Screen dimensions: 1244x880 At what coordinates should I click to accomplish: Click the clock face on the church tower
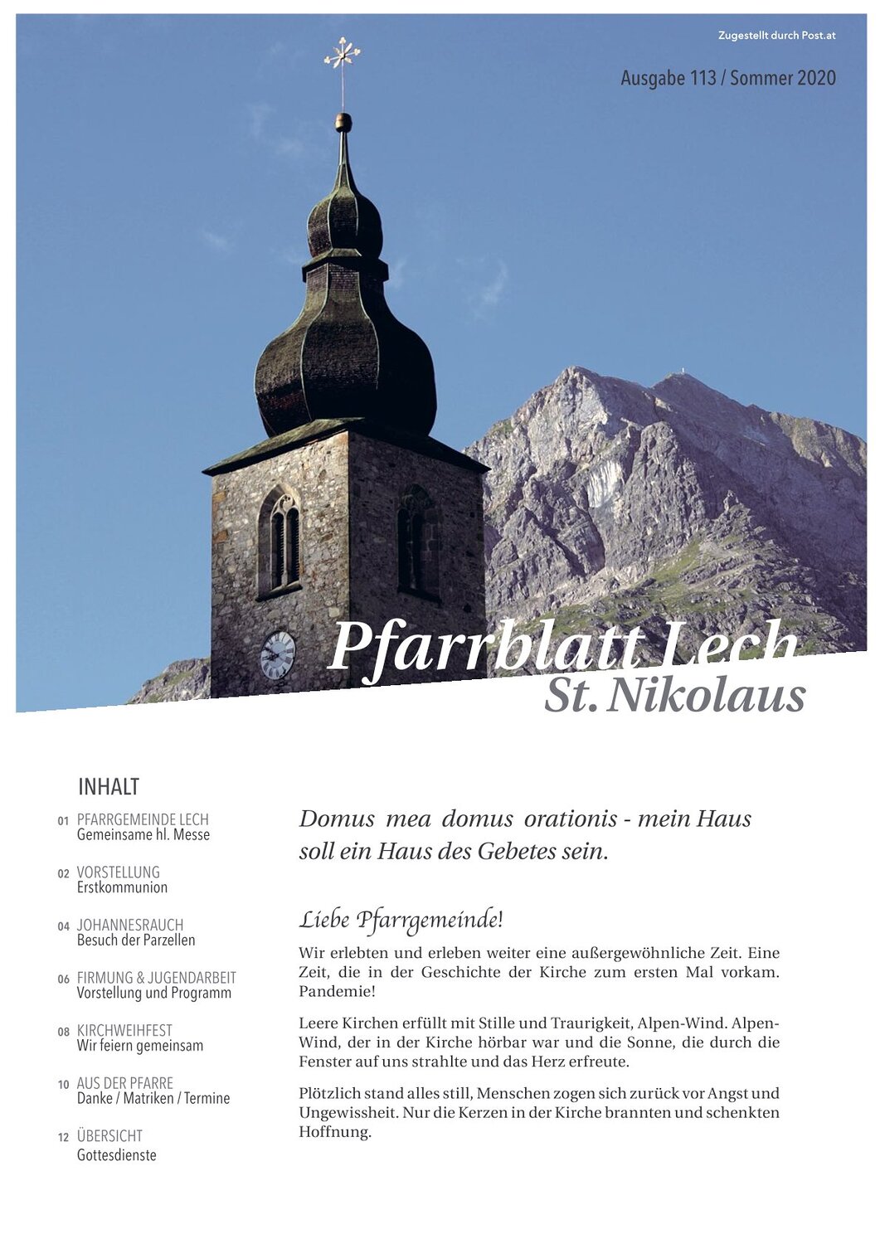tap(278, 655)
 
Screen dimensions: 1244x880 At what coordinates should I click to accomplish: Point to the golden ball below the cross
tap(343, 123)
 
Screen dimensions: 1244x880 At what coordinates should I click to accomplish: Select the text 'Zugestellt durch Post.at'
tap(776, 36)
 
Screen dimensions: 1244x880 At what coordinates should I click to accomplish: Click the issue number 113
tap(702, 79)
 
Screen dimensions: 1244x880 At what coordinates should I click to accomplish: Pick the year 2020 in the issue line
tap(816, 79)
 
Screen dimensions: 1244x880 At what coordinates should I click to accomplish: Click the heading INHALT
tap(109, 786)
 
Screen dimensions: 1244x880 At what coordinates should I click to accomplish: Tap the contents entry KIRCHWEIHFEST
tap(124, 1031)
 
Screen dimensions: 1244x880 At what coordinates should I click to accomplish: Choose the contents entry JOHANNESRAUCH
tap(130, 925)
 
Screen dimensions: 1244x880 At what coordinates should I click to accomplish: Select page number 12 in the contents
tap(64, 1138)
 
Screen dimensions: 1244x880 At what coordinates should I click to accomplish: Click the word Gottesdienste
tap(116, 1155)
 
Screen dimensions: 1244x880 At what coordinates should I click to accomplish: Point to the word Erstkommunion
tap(122, 887)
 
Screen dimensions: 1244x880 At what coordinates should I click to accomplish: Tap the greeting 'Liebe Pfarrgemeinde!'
tap(401, 920)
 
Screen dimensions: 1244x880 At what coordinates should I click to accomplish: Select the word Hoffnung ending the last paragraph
tap(334, 1132)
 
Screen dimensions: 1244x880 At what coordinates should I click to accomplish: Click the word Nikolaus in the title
tap(706, 695)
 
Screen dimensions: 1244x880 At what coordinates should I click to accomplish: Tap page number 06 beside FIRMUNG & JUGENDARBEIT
tap(64, 979)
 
